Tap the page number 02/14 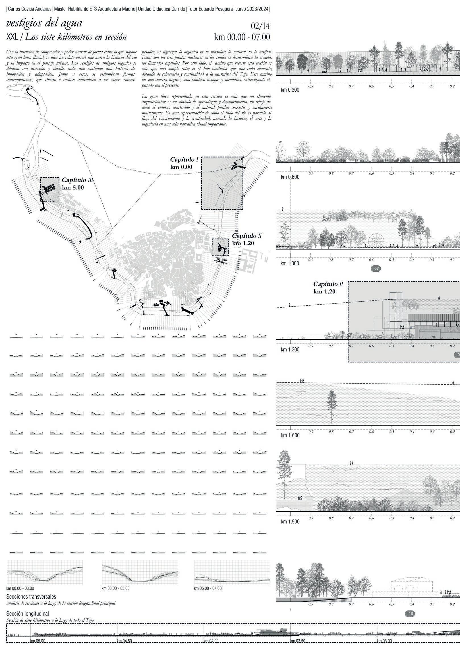(260, 26)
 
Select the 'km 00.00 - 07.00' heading (242, 37)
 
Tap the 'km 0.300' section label (290, 90)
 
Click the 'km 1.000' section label (290, 263)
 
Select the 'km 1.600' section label (290, 435)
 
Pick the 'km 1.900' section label (290, 522)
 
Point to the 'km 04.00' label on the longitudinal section (211, 647)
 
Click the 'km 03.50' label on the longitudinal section (298, 647)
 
